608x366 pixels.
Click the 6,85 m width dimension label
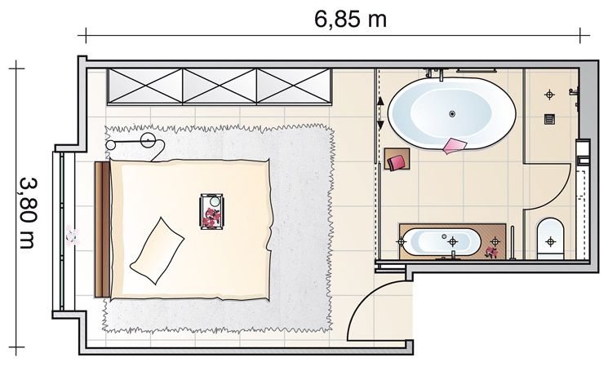tap(350, 20)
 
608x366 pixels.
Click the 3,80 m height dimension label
tap(29, 212)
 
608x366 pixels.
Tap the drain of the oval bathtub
tap(452, 114)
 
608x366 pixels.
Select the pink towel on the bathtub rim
tap(455, 146)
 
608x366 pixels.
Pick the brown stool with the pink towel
tap(397, 159)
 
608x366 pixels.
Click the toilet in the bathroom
tap(550, 239)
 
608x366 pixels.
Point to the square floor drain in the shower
tap(549, 119)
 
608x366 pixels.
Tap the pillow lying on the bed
tap(157, 250)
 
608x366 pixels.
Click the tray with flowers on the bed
tap(211, 211)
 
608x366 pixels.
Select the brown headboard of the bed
tap(102, 229)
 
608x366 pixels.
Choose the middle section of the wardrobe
tap(220, 86)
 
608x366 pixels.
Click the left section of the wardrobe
tap(145, 86)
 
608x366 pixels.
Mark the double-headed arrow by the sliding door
tap(380, 113)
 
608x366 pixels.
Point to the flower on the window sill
tap(72, 235)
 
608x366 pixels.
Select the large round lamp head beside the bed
tap(148, 140)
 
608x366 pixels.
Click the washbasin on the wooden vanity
tap(442, 242)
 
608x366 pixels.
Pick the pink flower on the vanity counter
tap(491, 253)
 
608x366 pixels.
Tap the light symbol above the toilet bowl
tap(550, 241)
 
